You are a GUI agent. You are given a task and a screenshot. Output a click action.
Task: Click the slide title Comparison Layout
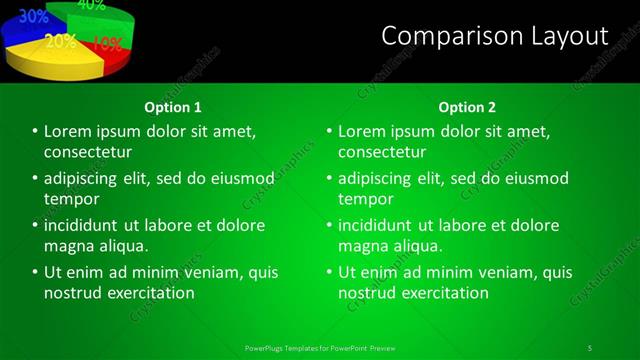495,37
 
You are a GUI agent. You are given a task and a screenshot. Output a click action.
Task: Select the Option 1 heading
173,107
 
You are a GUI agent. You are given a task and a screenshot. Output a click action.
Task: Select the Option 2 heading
467,107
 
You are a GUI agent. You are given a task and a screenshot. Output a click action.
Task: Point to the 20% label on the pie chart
60,42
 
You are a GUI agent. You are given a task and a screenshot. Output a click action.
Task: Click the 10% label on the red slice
107,44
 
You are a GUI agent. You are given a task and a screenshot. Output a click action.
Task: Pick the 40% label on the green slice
91,5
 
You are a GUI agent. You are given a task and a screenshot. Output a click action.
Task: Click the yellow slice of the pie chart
55,62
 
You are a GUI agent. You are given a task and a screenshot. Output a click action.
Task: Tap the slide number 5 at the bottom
590,347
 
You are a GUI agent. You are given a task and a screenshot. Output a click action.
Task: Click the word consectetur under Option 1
88,152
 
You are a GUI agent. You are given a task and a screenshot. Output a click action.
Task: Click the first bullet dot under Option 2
329,131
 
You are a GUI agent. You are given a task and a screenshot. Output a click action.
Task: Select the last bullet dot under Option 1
35,272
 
